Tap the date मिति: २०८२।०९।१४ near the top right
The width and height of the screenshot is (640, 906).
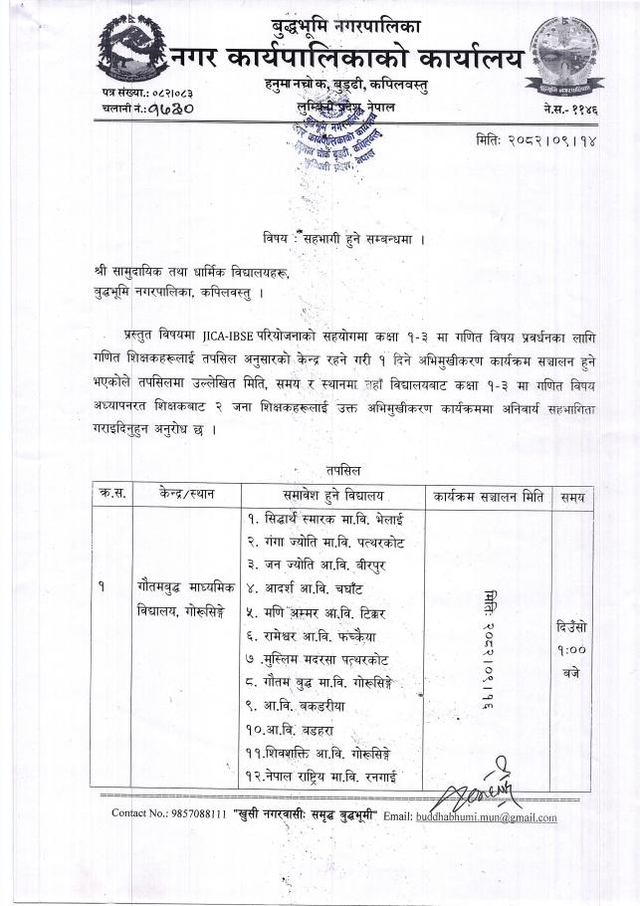(x=536, y=141)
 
